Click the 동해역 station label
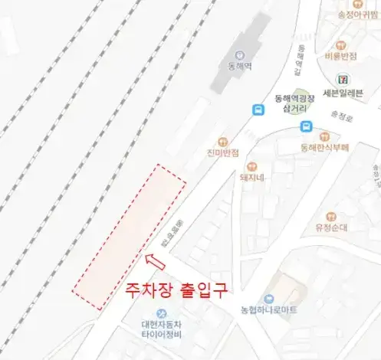[x=238, y=66]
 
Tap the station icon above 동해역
[x=238, y=54]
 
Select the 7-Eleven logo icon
[x=341, y=80]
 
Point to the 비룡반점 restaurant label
[x=341, y=56]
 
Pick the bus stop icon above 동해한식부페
[x=306, y=126]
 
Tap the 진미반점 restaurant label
[x=223, y=153]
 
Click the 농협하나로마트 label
[x=269, y=310]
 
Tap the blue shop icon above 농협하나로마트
[x=269, y=299]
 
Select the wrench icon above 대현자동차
[x=162, y=313]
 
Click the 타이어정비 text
[x=162, y=334]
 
